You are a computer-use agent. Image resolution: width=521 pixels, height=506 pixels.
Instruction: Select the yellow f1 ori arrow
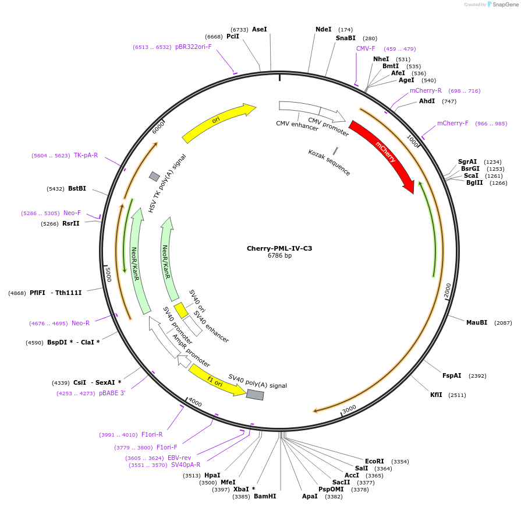216,381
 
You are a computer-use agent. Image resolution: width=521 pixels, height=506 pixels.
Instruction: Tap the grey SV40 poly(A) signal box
255,395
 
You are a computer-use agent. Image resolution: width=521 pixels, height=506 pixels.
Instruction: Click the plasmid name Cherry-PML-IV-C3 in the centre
279,248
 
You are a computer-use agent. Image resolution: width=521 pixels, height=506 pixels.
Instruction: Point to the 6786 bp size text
279,255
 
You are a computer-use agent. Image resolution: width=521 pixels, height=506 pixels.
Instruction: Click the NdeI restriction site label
323,29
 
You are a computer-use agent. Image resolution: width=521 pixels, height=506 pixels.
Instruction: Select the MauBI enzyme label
477,322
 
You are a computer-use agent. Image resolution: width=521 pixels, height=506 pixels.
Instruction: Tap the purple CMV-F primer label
366,48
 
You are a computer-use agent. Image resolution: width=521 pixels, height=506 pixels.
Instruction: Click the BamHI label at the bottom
265,496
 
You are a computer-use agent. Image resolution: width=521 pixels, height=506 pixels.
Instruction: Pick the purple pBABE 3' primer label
112,393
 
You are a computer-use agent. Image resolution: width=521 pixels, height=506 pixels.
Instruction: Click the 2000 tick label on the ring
448,290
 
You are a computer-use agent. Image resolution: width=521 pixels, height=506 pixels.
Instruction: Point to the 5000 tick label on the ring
108,275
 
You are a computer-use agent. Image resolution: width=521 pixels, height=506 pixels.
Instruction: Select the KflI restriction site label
436,395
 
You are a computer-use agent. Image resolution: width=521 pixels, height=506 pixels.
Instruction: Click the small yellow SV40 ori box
181,310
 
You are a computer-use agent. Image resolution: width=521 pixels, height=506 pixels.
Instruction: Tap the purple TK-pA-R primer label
86,155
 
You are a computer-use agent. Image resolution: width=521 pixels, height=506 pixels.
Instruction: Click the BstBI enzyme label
77,188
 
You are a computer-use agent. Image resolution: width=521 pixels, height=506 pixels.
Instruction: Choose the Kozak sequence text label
329,162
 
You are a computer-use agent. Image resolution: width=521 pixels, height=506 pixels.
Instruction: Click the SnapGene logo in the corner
503,4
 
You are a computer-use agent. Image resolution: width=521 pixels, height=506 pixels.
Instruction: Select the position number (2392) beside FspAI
477,375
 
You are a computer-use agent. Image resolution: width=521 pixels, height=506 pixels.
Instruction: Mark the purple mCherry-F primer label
452,123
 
